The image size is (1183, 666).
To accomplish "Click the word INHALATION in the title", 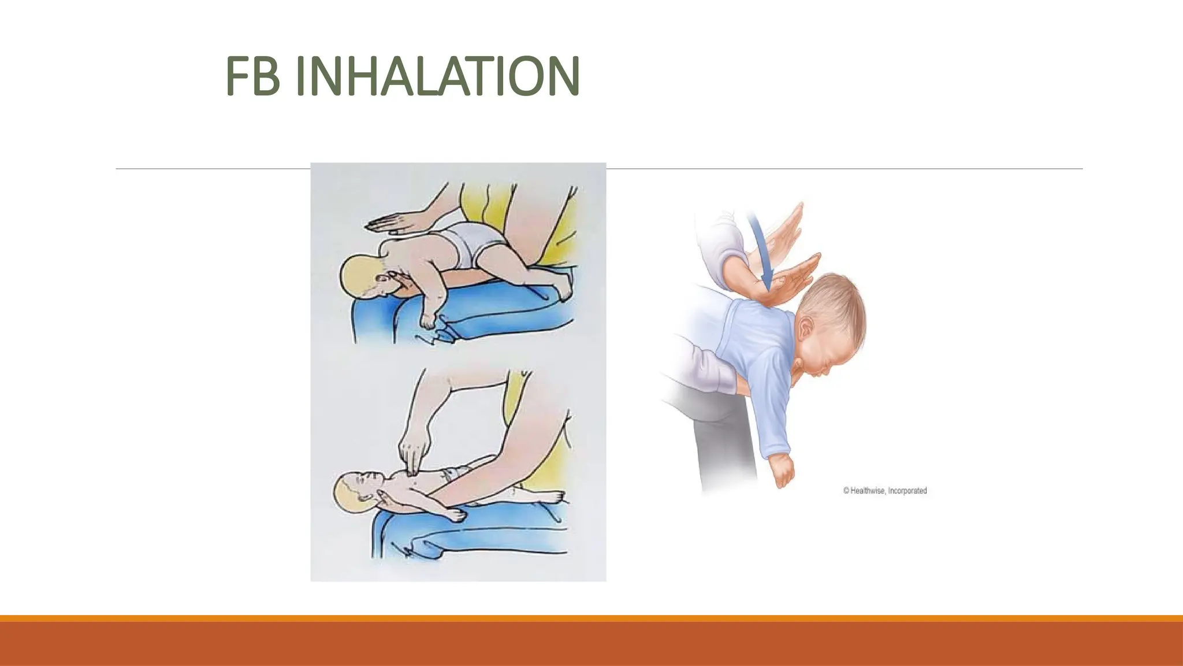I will coord(437,77).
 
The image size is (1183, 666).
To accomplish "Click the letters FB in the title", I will coord(252,77).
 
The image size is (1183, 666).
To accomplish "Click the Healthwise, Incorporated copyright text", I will coord(884,491).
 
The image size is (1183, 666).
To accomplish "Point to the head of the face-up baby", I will coord(354,491).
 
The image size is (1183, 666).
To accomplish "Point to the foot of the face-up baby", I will coord(552,497).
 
